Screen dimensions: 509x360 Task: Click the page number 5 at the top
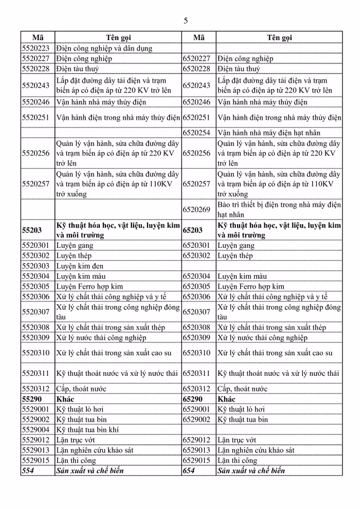(186, 21)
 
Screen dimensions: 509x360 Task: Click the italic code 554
(28, 470)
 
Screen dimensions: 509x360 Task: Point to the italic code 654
(189, 470)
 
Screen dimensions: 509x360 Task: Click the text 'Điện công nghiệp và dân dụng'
(105, 48)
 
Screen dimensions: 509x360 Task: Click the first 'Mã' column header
(38, 38)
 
